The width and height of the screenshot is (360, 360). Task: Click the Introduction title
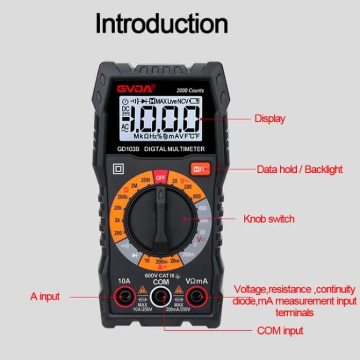(161, 24)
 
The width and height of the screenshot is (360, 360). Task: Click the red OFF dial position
(160, 178)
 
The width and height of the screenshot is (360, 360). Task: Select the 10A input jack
(124, 296)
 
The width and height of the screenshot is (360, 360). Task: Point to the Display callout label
(269, 119)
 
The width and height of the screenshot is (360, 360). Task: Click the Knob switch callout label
(269, 219)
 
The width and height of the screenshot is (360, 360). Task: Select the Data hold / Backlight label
(292, 169)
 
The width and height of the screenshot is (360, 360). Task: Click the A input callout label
(45, 296)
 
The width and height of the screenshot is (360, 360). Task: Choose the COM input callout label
(280, 330)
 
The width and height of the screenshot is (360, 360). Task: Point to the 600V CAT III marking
(160, 276)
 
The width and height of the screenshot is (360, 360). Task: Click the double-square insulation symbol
(119, 168)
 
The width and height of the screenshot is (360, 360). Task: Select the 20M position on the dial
(145, 180)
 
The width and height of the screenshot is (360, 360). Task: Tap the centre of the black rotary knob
(160, 218)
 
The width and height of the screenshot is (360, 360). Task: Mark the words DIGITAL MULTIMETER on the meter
(174, 149)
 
